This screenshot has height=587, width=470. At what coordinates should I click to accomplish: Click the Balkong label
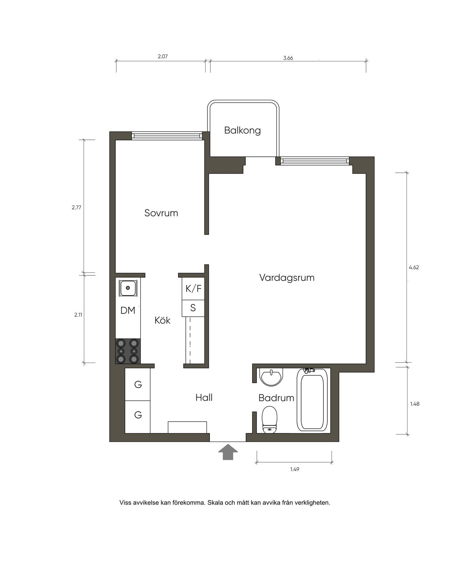click(x=242, y=131)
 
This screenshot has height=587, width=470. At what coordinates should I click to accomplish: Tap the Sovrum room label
click(x=161, y=213)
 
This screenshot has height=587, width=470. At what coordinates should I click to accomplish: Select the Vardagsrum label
click(x=287, y=278)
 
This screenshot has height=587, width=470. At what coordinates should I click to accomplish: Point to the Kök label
click(x=162, y=320)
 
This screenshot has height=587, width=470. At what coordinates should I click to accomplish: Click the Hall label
click(x=204, y=397)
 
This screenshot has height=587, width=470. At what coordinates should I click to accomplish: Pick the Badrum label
click(x=276, y=398)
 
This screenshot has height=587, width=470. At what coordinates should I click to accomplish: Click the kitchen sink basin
click(x=128, y=288)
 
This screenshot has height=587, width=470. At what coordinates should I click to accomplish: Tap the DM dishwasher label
click(x=128, y=311)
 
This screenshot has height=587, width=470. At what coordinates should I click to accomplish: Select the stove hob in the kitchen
click(x=128, y=351)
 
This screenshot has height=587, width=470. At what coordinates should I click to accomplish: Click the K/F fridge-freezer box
click(x=193, y=289)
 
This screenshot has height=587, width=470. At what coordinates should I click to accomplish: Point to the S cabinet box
click(x=193, y=308)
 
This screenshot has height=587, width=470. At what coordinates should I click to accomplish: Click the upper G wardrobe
click(x=138, y=384)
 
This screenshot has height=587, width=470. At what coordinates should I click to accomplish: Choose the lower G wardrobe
click(x=138, y=417)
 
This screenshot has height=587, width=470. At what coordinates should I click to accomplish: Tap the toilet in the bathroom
click(x=269, y=419)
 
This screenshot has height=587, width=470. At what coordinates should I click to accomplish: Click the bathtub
click(x=312, y=400)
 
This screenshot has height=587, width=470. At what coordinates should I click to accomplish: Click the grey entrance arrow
click(x=228, y=452)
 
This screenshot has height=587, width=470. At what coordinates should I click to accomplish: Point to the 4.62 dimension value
click(x=414, y=268)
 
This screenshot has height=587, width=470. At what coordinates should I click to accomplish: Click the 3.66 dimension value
click(x=288, y=58)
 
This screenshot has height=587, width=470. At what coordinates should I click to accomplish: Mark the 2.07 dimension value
click(x=163, y=57)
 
